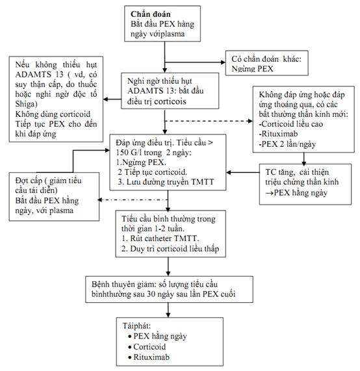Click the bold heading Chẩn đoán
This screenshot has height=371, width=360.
tap(151, 14)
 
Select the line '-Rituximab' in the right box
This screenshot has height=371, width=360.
tap(278, 134)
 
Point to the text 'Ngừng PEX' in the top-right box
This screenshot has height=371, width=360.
tap(252, 69)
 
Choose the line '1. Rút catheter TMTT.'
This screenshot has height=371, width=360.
tap(161, 238)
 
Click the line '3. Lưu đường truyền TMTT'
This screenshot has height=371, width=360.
tap(166, 182)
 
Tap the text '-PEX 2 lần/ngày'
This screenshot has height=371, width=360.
tap(287, 144)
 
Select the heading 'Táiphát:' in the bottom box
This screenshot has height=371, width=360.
tap(136, 326)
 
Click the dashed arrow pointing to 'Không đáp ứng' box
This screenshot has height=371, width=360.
tap(209, 121)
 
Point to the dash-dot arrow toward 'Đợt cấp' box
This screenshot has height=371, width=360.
tap(133, 200)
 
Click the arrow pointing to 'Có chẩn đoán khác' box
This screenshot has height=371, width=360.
tap(195, 62)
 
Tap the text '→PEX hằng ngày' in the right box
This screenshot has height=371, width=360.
tap(296, 193)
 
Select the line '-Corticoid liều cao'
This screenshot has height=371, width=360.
tap(291, 124)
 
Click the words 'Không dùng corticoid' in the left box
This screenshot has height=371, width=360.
tap(53, 114)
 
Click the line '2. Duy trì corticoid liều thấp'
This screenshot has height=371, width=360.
tap(170, 249)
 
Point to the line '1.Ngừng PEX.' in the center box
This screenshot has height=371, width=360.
tap(141, 162)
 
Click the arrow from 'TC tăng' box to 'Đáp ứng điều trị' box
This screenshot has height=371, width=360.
tap(243, 172)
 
